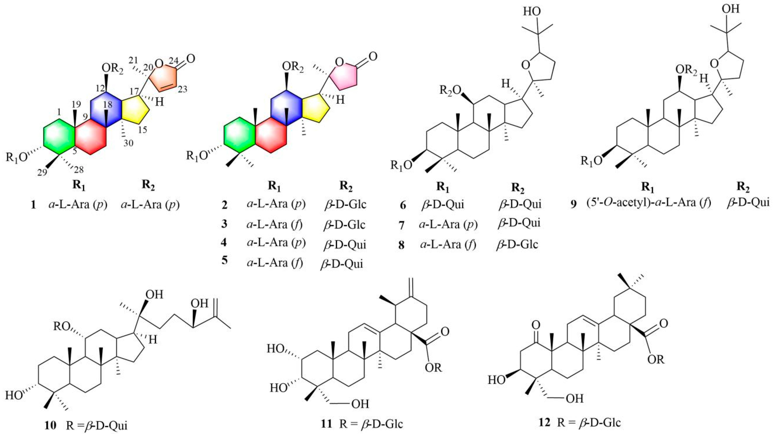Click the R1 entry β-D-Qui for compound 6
[x=442, y=205]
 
